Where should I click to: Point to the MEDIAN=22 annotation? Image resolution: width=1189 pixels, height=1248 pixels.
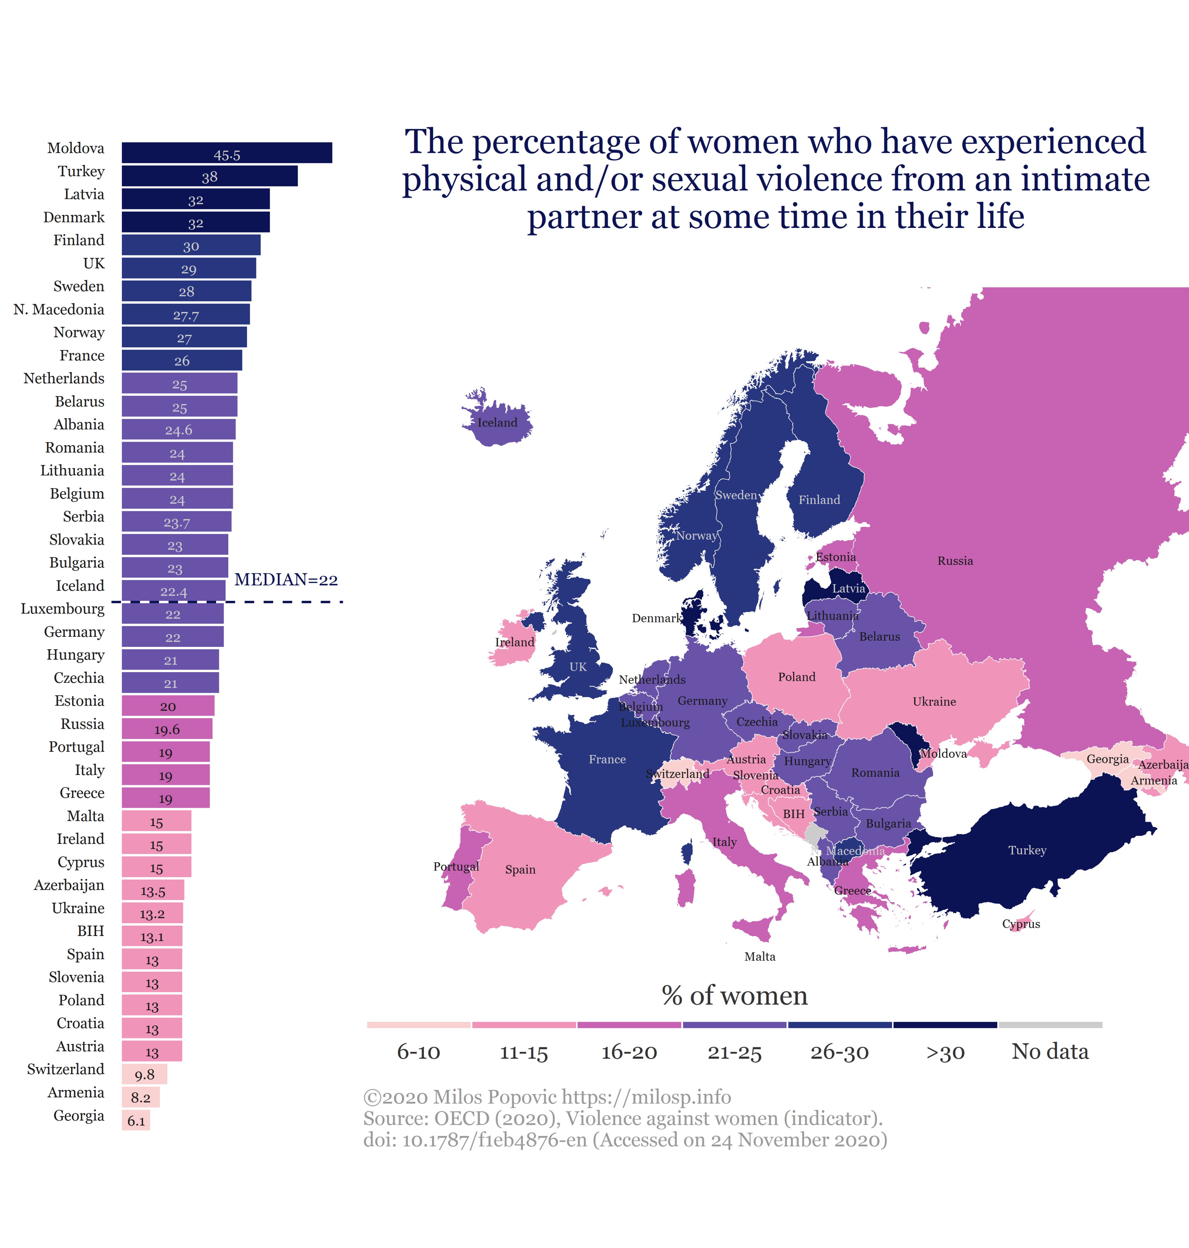(286, 580)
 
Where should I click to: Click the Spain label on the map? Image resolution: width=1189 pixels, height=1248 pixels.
(520, 870)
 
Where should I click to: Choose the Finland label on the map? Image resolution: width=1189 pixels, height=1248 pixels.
(819, 500)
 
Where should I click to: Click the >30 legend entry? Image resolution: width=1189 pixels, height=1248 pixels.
(945, 1052)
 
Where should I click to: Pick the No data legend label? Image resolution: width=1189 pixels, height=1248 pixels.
(1050, 1051)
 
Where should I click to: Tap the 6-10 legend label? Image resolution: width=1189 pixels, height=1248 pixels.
(418, 1052)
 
